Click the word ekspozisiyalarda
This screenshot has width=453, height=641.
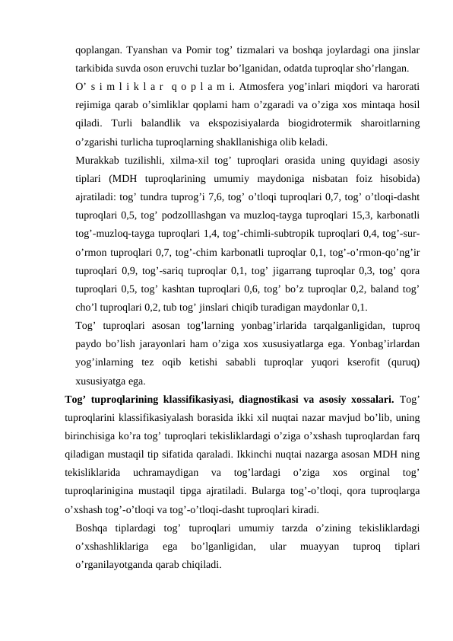click(213, 123)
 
